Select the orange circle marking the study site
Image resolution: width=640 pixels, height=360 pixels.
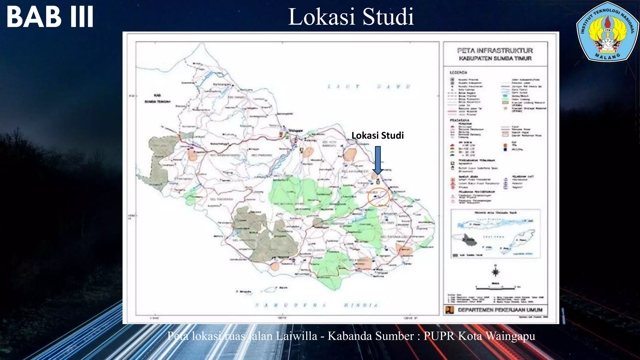click(x=378, y=197)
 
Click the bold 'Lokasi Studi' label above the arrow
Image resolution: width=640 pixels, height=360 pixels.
click(x=377, y=135)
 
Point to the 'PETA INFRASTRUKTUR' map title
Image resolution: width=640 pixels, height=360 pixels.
click(x=495, y=51)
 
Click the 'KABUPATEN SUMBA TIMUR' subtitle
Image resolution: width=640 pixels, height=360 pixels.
click(x=495, y=58)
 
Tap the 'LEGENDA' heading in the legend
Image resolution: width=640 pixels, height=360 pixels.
click(x=458, y=72)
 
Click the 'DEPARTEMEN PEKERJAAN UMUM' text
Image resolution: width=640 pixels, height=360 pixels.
click(x=500, y=310)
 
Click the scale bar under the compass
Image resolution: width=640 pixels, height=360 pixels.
click(x=495, y=287)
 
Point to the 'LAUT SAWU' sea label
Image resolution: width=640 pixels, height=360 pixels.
click(x=369, y=87)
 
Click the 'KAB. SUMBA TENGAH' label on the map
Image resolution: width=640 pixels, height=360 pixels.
click(x=157, y=98)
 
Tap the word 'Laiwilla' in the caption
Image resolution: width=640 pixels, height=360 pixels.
click(x=296, y=336)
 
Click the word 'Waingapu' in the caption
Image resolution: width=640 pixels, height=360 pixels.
click(x=510, y=336)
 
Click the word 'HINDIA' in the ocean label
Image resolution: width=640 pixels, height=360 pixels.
click(x=361, y=305)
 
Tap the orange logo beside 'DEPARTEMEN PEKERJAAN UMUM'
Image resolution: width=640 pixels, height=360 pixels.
click(x=449, y=310)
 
